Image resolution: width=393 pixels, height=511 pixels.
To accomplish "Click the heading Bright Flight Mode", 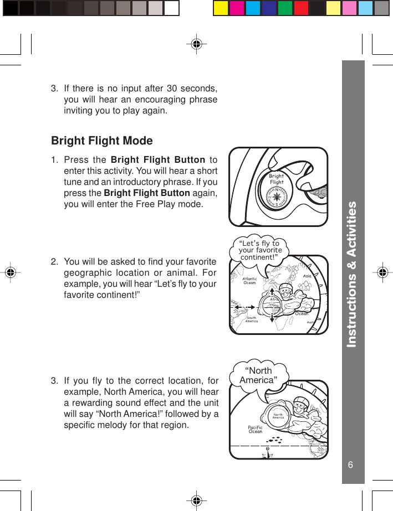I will pos(101,141).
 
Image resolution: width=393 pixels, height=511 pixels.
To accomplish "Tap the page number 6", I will pos(350,464).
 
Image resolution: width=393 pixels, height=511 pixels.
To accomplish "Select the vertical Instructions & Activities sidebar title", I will pos(351,275).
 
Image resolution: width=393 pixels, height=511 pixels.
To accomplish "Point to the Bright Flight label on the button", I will pos(276,179).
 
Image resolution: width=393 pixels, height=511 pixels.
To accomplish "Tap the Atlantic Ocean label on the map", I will pos(249,281).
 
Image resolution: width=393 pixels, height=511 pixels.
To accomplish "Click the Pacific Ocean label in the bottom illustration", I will pos(255,429).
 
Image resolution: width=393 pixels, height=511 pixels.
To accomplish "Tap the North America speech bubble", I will pos(258,375).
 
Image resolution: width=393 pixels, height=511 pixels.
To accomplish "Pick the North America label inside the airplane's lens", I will pos(278,416).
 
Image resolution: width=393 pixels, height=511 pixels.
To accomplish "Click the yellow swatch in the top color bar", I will pos(220,8).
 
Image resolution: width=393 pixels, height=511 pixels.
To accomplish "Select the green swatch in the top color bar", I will pos(285,8).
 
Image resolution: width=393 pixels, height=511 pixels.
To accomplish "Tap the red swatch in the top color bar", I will pos(301,8).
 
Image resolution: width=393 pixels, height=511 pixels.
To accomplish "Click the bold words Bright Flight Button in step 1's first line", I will pos(158,161).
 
